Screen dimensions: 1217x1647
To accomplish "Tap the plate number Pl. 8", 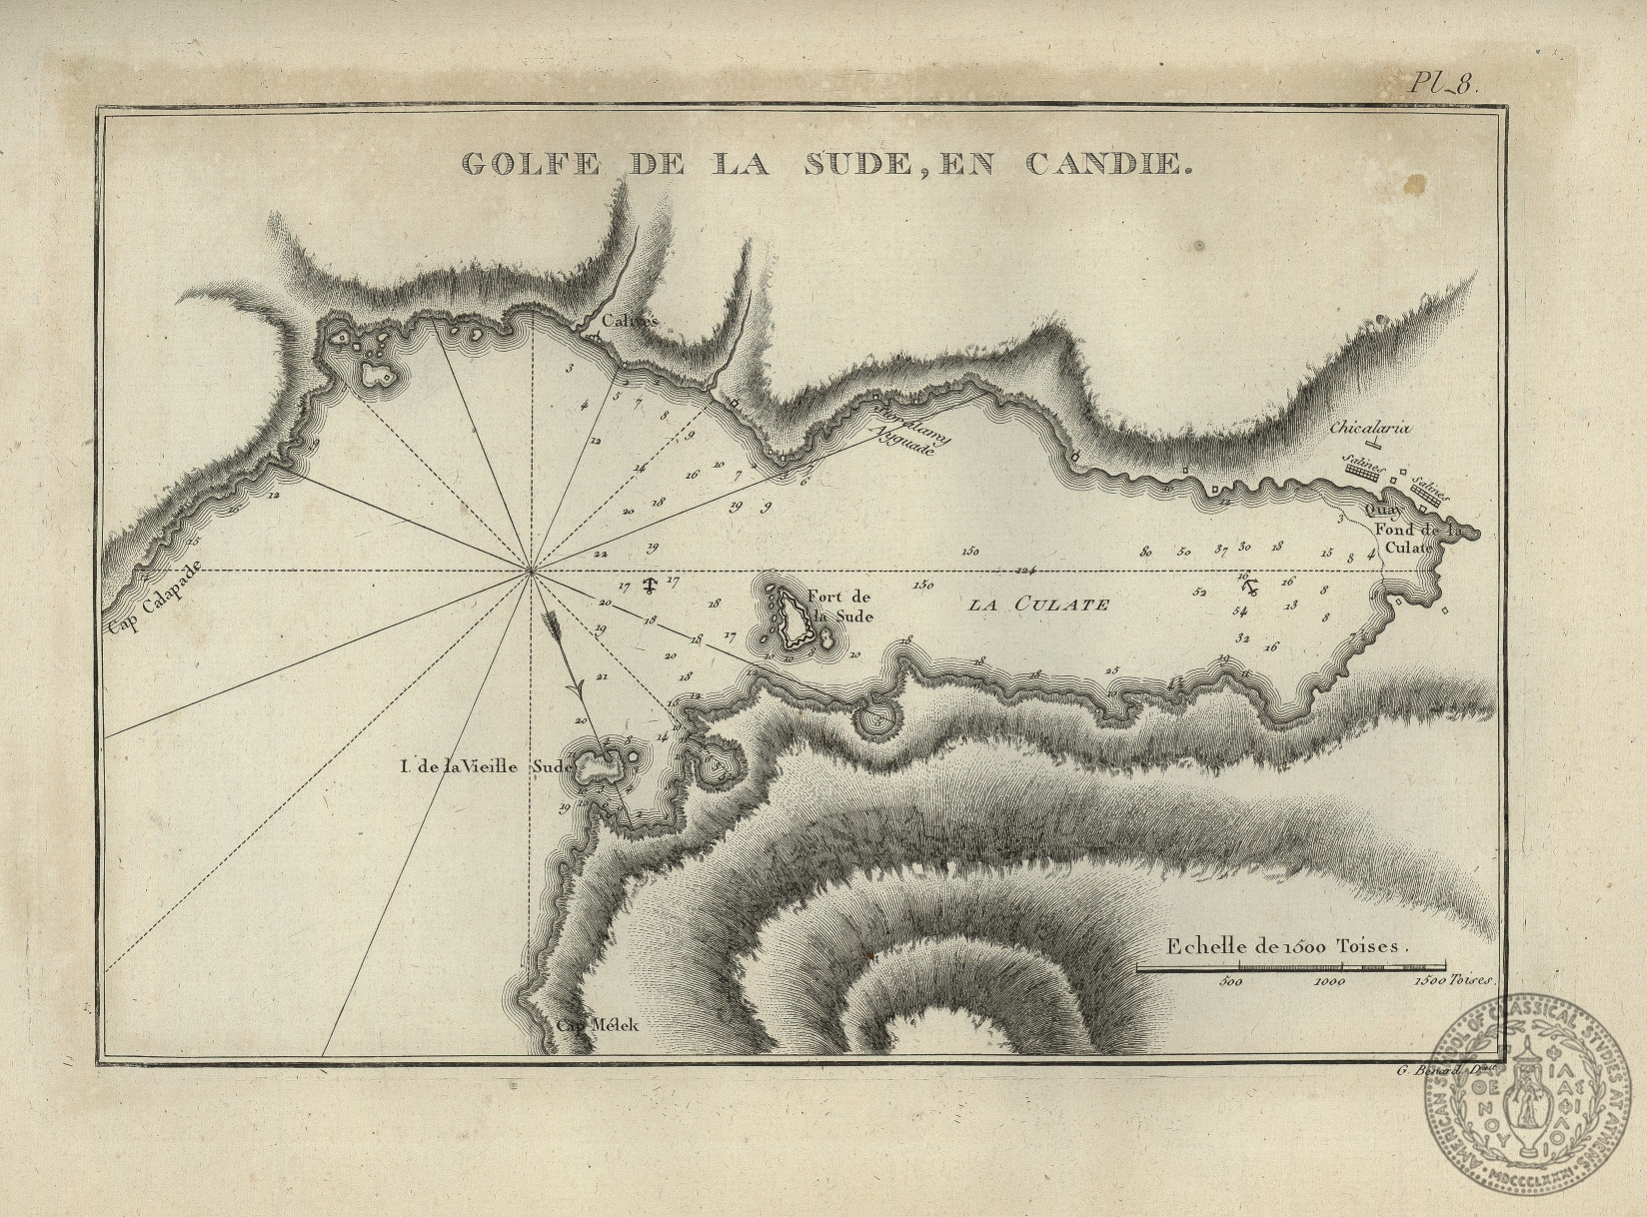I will tap(1447, 85).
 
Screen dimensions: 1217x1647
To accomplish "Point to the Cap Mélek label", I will tap(597, 1026).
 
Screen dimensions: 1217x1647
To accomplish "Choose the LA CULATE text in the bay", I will tap(1039, 604).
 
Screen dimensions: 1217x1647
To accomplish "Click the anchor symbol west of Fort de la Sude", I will tap(651, 586).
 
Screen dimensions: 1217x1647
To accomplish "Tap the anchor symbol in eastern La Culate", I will tap(1246, 583).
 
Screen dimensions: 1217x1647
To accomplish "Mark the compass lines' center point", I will tap(531, 571).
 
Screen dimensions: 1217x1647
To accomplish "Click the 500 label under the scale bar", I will tap(1231, 984).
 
